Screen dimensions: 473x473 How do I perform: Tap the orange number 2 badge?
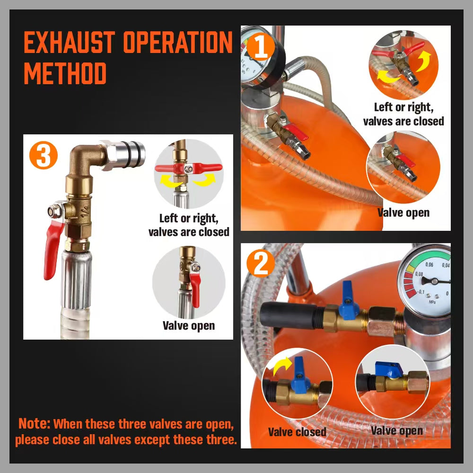(x=261, y=265)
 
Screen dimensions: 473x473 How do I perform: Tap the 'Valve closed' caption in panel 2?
(x=297, y=432)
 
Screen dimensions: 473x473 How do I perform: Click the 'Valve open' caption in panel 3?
(x=188, y=325)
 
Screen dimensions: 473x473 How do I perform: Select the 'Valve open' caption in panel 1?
(x=403, y=212)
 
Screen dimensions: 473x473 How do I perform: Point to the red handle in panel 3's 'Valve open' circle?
(x=195, y=289)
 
